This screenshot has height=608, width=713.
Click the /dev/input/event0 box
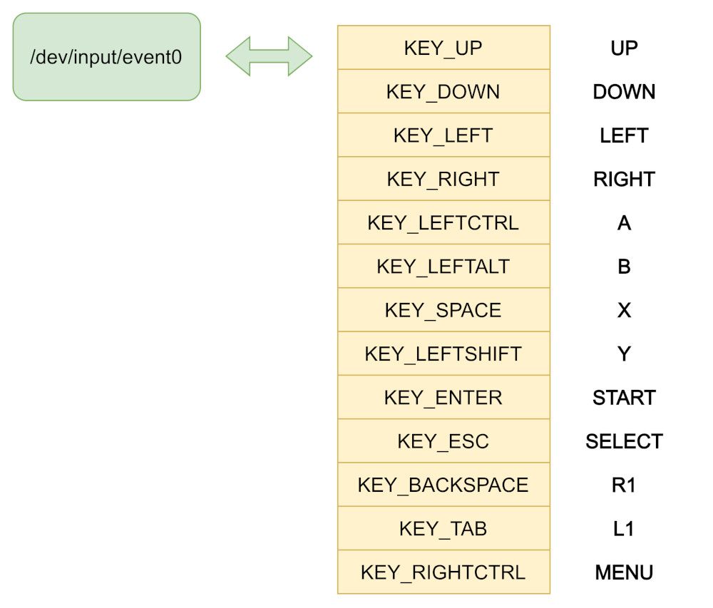(x=106, y=57)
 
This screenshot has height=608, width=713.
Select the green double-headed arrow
(x=270, y=56)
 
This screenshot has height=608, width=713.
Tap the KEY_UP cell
(x=443, y=48)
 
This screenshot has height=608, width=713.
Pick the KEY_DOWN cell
(x=443, y=91)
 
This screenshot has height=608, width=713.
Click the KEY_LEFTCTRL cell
(x=443, y=222)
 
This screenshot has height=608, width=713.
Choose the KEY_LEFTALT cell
(x=443, y=266)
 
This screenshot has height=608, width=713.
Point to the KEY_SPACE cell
(x=443, y=310)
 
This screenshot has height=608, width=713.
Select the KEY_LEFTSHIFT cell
(x=443, y=354)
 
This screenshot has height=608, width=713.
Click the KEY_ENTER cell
(x=443, y=397)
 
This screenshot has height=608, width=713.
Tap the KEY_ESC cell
(x=443, y=440)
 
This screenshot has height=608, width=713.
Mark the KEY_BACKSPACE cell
(x=443, y=485)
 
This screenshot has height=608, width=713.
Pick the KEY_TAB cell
(x=443, y=528)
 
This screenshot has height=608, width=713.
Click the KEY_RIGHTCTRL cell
(x=443, y=572)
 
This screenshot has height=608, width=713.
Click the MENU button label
(x=624, y=572)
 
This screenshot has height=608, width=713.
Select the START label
(x=624, y=398)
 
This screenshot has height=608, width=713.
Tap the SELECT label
(x=624, y=441)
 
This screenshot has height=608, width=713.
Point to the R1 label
(x=623, y=485)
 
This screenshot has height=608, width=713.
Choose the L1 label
(x=623, y=528)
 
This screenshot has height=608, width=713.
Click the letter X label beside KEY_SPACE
(x=625, y=310)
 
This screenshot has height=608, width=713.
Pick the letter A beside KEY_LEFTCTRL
(x=625, y=222)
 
